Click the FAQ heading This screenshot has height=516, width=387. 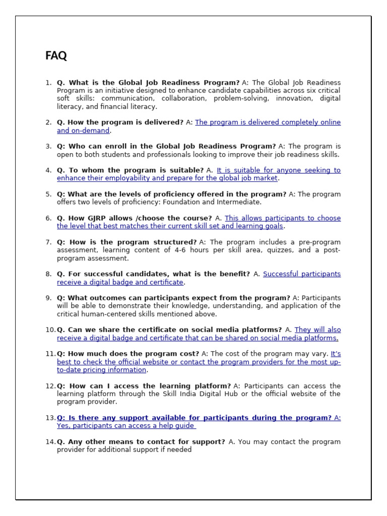click(x=56, y=56)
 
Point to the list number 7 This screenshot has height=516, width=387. click(x=48, y=242)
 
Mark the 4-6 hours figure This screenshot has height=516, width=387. click(x=175, y=250)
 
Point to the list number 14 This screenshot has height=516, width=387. click(x=50, y=442)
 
